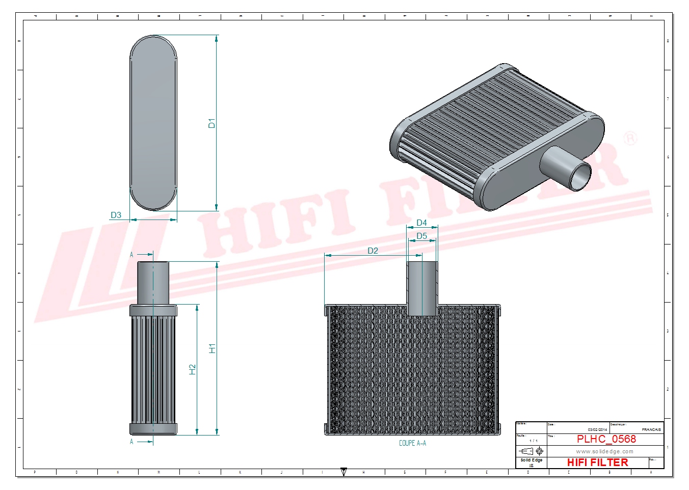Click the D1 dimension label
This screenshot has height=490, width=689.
point(211,123)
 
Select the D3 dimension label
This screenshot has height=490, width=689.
point(116,215)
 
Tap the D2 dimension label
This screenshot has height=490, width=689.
point(373,251)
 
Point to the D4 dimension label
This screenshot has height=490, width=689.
point(421,223)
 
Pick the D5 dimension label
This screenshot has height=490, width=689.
point(421,236)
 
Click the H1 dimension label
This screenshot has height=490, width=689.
point(212,348)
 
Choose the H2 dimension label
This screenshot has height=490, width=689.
point(192,369)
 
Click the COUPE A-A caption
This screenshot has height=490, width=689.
point(412,443)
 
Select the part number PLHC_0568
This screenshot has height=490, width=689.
point(606,439)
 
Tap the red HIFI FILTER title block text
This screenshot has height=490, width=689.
point(597,462)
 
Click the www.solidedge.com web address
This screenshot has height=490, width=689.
point(604,451)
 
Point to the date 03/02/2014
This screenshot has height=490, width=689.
point(597,430)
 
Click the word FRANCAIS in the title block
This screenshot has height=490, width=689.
point(651,430)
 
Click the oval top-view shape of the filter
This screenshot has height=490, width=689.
point(153,123)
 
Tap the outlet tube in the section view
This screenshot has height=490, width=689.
point(422,288)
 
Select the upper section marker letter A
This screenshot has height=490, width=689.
point(131,255)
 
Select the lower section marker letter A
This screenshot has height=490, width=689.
point(131,442)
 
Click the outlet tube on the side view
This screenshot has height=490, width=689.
point(153,283)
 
